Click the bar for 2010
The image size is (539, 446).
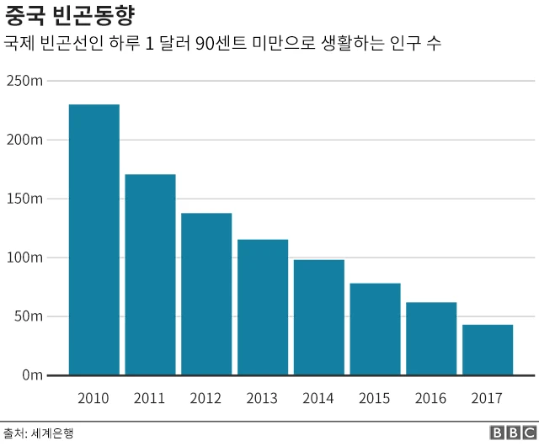click(93, 240)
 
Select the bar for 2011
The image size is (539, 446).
click(150, 274)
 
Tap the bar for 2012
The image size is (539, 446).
click(206, 294)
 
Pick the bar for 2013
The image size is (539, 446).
click(263, 307)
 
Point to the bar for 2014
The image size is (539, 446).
click(318, 317)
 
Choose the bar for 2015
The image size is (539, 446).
click(375, 329)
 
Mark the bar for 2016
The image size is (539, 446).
click(431, 338)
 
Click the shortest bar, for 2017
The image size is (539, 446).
click(488, 349)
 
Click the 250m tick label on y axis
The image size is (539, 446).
click(24, 81)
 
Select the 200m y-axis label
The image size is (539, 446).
click(24, 140)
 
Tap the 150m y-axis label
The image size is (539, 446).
click(24, 199)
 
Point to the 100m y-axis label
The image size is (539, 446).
click(24, 258)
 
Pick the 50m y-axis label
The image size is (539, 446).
click(28, 316)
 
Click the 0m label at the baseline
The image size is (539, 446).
click(31, 375)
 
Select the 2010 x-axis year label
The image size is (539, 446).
click(93, 398)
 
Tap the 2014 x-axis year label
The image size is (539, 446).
click(318, 398)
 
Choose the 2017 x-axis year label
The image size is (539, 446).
click(488, 398)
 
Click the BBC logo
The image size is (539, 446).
click(510, 433)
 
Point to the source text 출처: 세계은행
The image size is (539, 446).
click(39, 433)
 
